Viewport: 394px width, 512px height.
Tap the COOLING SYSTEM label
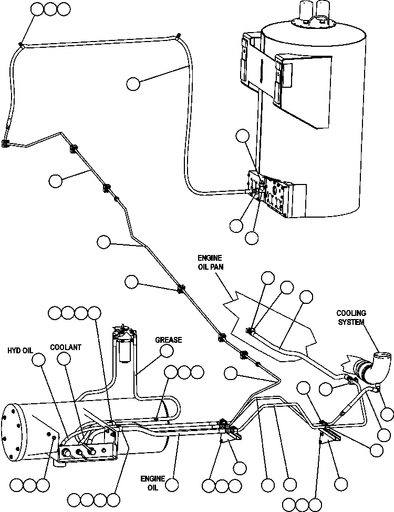pos(351,318)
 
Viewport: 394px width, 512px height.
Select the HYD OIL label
pos(20,350)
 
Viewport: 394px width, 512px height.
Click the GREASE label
pos(168,340)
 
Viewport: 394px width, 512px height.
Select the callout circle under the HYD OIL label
pos(38,360)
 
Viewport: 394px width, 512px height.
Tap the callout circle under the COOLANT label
pos(64,359)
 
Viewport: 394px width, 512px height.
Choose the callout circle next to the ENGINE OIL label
pos(172,484)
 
